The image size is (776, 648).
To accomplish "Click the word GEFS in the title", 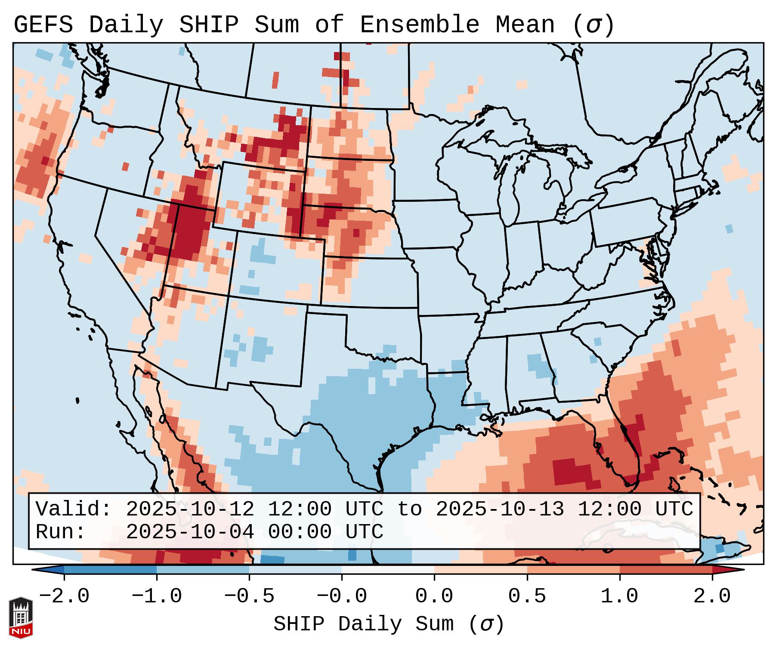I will coord(43,25).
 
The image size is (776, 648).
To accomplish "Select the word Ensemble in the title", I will coord(419,25).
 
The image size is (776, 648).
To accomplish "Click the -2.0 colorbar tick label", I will coord(64,596).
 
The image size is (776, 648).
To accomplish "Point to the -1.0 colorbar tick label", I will coord(156,596).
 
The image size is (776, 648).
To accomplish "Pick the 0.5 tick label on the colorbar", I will coord(527,596).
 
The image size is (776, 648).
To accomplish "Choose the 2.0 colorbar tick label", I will coord(712,596).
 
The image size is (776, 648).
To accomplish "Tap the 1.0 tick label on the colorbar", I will coord(619,596).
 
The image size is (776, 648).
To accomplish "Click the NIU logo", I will coord(21,617).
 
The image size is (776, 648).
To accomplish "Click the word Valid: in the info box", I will coord(73,509).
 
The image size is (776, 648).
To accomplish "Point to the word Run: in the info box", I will coord(61,532).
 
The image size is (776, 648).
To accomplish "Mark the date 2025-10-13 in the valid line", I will coord(500,509).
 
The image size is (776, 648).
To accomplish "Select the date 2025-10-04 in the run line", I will coord(190,532).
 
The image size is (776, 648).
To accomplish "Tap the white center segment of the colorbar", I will coord(388,570).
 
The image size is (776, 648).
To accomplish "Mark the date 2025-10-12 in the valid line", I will coord(190,509).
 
